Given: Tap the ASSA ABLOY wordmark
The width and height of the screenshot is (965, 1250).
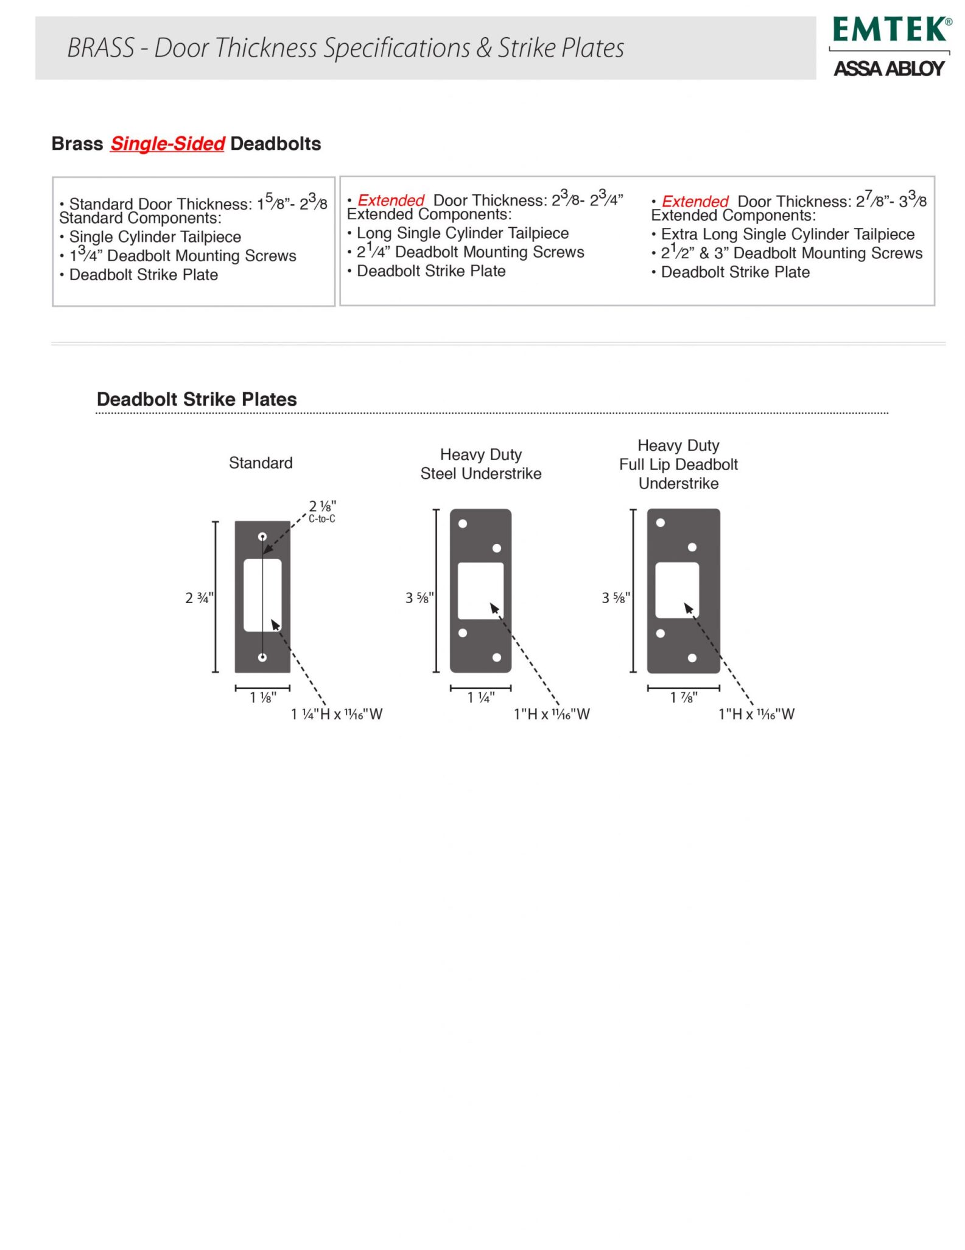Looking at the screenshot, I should (889, 68).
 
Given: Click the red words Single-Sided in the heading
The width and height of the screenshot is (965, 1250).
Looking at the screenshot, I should (167, 144).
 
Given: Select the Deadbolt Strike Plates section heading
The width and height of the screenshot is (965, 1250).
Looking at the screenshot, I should (197, 399).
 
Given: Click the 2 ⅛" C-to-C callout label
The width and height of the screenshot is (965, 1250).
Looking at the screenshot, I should (322, 511).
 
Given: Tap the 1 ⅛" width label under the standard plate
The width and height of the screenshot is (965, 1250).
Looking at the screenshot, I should (263, 697).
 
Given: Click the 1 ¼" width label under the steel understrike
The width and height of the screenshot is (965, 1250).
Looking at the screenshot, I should (481, 697).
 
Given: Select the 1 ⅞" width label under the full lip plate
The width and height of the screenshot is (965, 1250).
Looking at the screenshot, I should (684, 697).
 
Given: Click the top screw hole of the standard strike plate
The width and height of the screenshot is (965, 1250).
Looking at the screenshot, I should (262, 537).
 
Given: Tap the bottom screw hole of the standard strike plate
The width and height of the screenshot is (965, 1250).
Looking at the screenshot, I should (262, 657).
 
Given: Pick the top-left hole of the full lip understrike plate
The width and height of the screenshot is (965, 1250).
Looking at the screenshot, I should (661, 523).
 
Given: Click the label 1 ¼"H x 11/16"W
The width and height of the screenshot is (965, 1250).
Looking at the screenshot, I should (337, 714).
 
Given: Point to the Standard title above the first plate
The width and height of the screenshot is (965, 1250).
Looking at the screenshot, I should (261, 463).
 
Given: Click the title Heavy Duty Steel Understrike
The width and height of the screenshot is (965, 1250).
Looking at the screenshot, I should (481, 464).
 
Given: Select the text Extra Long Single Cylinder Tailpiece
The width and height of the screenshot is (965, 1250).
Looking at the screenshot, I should (787, 235).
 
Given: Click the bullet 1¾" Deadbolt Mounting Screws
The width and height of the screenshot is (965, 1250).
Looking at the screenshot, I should (183, 256).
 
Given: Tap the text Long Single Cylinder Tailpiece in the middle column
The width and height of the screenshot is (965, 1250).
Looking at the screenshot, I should (463, 233).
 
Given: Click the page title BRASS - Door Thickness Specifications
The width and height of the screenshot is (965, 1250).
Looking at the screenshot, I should (345, 48).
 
